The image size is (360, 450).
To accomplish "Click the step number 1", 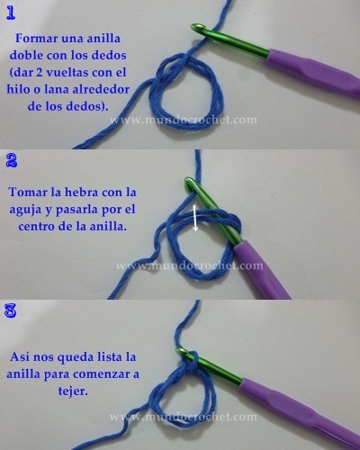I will (x=12, y=12).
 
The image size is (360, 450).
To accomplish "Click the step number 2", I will (x=12, y=162).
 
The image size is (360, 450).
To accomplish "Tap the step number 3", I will (x=12, y=312).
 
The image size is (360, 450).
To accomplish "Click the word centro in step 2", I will (x=39, y=227).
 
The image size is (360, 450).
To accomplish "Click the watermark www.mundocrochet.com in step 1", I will (x=184, y=119).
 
